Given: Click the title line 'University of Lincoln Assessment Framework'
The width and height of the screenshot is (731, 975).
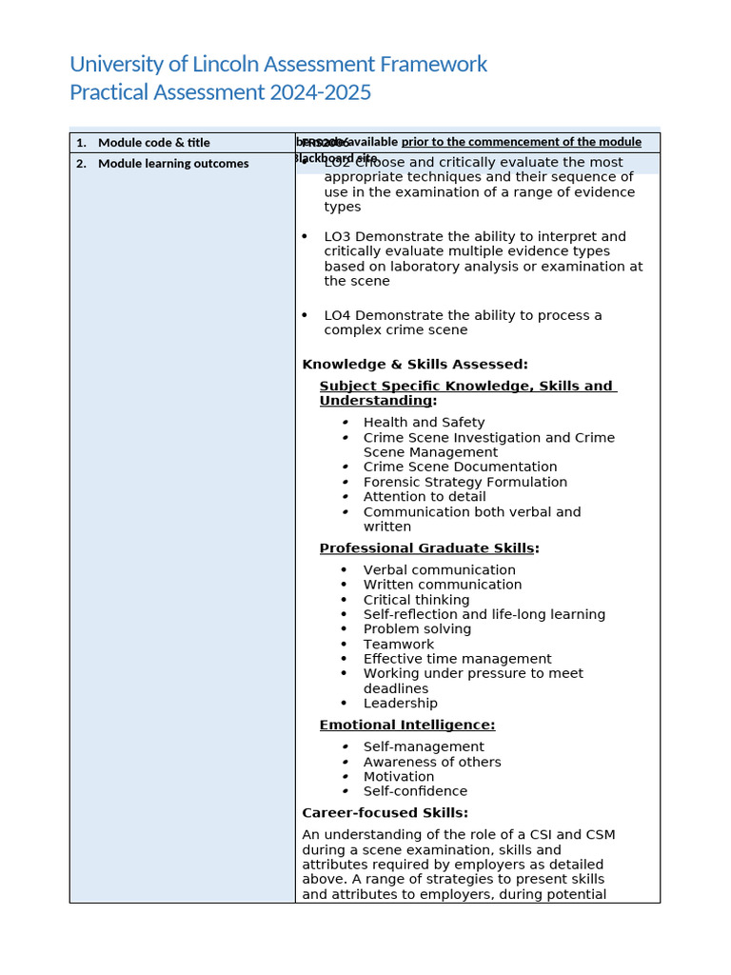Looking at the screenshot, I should click(x=278, y=65).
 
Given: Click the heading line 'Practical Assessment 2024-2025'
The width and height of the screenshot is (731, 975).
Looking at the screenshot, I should click(x=220, y=92).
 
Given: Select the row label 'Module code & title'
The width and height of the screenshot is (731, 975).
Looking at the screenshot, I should click(x=153, y=143).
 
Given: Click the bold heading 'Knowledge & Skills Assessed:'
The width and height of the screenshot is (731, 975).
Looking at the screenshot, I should click(x=414, y=365).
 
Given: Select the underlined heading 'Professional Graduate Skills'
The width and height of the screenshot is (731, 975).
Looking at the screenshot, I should click(x=426, y=548).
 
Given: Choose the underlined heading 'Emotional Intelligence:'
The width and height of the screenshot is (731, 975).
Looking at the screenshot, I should click(x=406, y=726).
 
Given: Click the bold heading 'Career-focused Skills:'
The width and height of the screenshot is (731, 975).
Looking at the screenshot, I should click(x=385, y=813).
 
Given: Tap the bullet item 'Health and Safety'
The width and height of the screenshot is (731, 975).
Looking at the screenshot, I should click(x=424, y=423).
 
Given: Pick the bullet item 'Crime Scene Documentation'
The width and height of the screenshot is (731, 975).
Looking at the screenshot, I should click(x=460, y=468).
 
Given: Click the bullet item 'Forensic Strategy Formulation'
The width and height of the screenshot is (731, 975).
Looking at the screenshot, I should click(x=464, y=483).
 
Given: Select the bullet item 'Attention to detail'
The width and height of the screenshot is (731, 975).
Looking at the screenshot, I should click(x=425, y=497).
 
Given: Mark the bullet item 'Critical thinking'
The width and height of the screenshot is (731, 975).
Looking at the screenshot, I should click(x=416, y=600).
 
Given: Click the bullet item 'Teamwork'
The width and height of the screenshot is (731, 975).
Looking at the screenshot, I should click(x=398, y=645).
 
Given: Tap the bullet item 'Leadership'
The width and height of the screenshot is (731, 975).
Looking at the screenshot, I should click(x=400, y=704).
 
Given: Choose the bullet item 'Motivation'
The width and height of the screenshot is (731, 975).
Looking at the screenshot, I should click(x=398, y=777).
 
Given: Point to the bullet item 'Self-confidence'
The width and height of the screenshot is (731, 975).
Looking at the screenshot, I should click(x=415, y=791).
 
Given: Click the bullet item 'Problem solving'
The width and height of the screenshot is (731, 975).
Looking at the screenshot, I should click(x=417, y=629).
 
